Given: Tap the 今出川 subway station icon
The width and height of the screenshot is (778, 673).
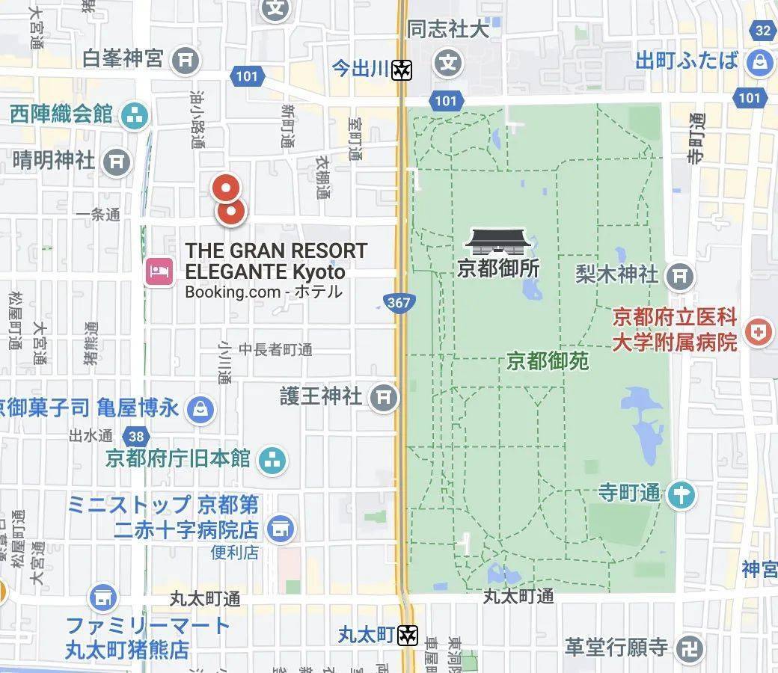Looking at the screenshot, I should point(403,70).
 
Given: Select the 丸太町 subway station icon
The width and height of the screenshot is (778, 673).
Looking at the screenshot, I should point(407,635).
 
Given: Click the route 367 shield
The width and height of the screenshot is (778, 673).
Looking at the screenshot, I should point(399,302).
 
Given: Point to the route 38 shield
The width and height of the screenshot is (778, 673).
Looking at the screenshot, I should point(136,436).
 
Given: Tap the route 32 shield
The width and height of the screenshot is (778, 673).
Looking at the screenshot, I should point(763,31).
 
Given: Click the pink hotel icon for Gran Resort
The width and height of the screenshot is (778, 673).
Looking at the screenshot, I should point(159,270).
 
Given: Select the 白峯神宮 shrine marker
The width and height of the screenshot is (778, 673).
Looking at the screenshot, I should point(185,60).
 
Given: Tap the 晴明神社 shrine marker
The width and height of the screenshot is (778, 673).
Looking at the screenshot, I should point(116,161).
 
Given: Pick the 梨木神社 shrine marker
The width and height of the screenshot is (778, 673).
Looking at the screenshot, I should point(679,275).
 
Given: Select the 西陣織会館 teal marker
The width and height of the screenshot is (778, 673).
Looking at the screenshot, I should point(135,115).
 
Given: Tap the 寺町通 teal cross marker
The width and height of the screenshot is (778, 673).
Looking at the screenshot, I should point(681,494).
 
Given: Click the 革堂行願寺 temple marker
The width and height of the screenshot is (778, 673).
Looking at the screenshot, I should point(688,648).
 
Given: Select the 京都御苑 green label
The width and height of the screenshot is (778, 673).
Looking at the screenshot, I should point(548,362).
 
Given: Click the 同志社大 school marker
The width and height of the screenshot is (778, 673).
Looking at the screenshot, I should point(448,61).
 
